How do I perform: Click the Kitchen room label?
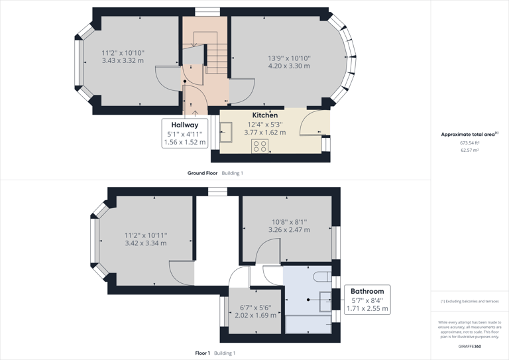tap(264, 115)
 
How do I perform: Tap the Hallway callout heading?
tap(184, 125)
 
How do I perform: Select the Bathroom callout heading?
tap(367, 291)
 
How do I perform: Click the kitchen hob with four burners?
tap(260, 147)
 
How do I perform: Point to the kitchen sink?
tap(227, 133)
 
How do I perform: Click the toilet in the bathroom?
tap(321, 276)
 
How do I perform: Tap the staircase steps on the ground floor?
tap(217, 60)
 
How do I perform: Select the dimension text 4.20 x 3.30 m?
tap(288, 66)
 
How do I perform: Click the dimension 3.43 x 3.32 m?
tap(123, 61)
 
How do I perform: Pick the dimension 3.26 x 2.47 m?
tap(289, 230)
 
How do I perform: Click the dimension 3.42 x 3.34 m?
tap(146, 243)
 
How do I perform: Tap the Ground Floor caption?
tap(202, 173)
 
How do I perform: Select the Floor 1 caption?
tap(202, 353)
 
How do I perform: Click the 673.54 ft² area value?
tap(469, 143)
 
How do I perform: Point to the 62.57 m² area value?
tap(469, 150)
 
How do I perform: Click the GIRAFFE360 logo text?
tap(469, 346)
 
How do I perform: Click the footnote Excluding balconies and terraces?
tap(469, 302)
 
